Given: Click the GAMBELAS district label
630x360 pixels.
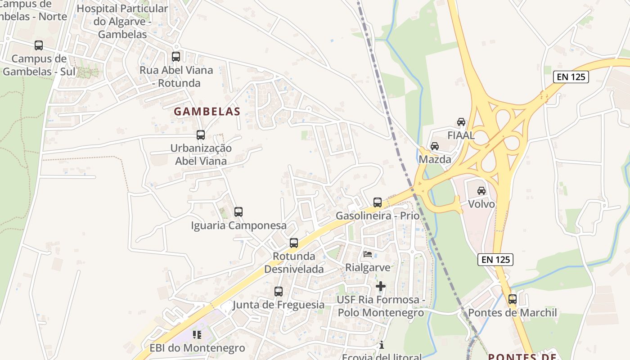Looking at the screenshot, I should (x=207, y=112).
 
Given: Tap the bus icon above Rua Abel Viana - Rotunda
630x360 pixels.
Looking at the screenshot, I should (x=176, y=57).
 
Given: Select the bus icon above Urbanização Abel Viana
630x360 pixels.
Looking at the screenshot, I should (x=201, y=135).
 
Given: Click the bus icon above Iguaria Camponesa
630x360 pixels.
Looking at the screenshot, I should (x=238, y=211).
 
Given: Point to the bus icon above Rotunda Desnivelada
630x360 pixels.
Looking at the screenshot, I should (x=294, y=243).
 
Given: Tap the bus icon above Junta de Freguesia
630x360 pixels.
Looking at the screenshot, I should (x=279, y=292).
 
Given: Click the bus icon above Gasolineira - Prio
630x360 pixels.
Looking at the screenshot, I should (x=378, y=202).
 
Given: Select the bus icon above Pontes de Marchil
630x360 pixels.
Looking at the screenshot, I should (x=513, y=299).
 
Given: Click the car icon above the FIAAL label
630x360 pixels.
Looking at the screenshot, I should (x=461, y=122).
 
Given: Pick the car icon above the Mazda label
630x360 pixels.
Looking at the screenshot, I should (x=435, y=146).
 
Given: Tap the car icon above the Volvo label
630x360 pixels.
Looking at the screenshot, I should (x=481, y=191).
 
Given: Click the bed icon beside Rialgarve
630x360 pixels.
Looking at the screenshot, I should (x=368, y=254).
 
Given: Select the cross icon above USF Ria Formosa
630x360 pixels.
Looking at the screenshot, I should (x=381, y=286).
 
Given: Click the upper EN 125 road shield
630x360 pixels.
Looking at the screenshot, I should (x=571, y=77).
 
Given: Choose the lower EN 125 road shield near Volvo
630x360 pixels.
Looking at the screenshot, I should (x=495, y=260).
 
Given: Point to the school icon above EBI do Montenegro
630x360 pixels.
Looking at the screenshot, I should (x=197, y=334).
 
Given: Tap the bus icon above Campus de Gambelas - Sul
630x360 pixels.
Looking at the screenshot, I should (x=39, y=45).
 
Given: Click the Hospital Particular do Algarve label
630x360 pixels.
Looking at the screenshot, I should (x=122, y=21).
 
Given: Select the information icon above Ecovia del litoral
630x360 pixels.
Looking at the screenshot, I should (x=382, y=345).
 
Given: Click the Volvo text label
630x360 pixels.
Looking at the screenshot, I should (x=481, y=204).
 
